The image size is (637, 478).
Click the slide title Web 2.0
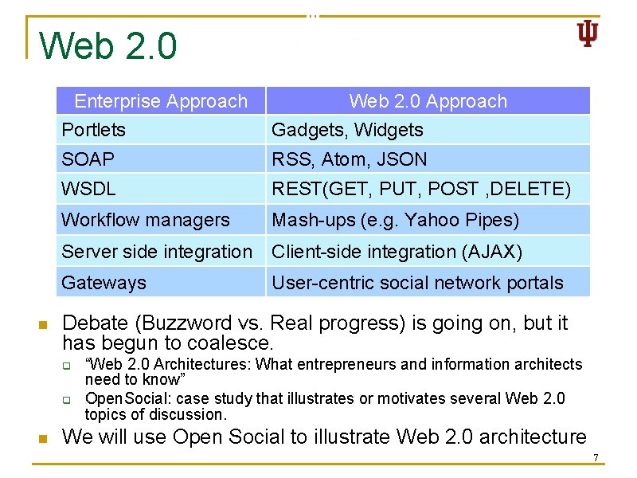[108, 46]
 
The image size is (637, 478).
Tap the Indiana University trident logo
[587, 33]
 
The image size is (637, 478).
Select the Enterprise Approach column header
[161, 101]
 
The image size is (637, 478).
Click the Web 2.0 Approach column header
[428, 101]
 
